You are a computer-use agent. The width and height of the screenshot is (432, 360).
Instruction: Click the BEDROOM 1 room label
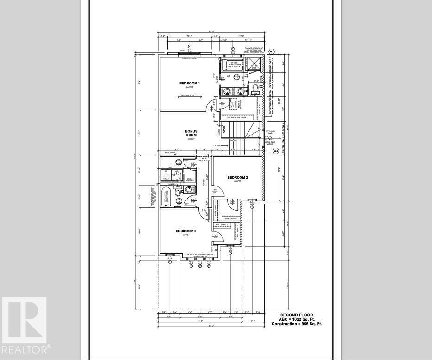[x=189, y=83]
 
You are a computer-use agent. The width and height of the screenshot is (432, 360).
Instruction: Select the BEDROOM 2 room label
[x=237, y=178]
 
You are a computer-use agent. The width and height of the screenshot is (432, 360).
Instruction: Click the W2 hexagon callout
[x=272, y=51]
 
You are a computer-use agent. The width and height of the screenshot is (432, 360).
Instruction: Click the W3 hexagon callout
[x=275, y=151]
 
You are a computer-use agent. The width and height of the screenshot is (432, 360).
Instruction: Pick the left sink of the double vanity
[x=228, y=91]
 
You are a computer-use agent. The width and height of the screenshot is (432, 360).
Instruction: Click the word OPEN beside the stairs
[x=224, y=131]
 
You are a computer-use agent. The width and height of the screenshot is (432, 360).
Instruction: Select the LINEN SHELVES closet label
[x=189, y=179]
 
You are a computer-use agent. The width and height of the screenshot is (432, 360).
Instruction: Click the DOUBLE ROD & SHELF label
[x=236, y=118]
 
